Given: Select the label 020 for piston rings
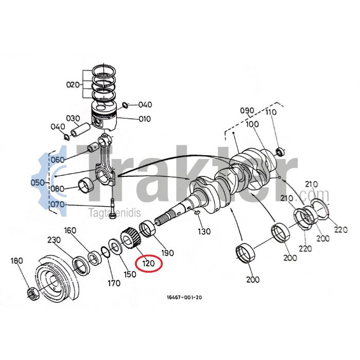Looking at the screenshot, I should pos(73,84).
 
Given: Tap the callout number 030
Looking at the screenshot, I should pos(73,118).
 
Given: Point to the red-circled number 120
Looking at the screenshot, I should pos(148,264).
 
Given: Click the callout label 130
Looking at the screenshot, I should pos(204,231).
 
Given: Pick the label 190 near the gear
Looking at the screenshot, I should pos(168,253).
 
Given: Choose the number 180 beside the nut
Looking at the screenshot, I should pos(17,261).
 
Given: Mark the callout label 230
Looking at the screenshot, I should pos(54,240).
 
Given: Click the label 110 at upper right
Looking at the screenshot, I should pos(271,113).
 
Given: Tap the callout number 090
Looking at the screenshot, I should pos(247,111).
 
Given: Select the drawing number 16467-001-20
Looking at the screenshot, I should pos(184,297).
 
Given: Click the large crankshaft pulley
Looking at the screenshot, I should pos(55,281).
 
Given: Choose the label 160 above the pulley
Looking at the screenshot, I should pos(70,230).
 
